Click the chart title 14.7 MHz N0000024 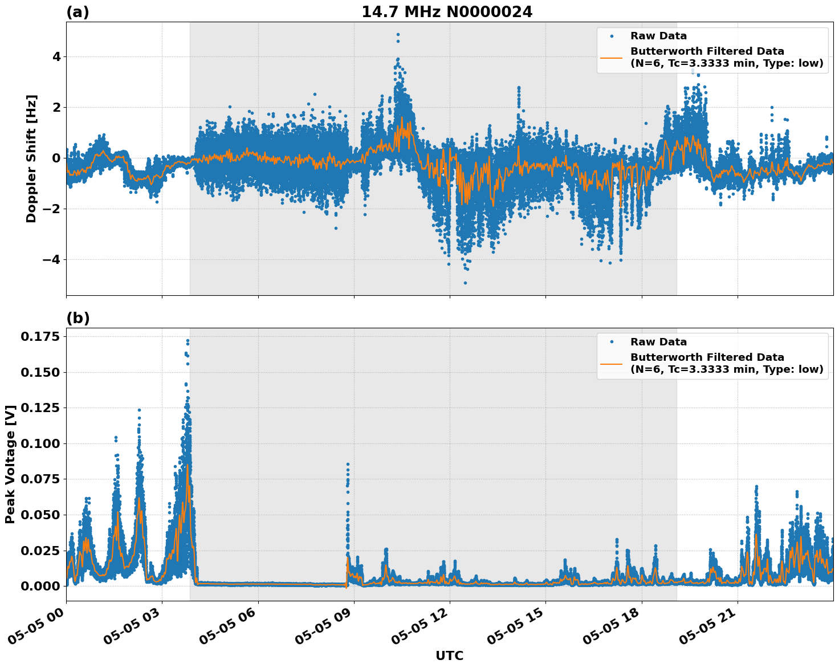point(447,12)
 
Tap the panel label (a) point(78,12)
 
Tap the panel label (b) point(78,318)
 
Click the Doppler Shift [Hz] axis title point(31,158)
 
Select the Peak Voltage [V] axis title point(10,465)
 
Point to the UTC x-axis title point(449,655)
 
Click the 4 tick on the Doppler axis point(57,56)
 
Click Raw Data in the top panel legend point(658,36)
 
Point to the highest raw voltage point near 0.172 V point(188,341)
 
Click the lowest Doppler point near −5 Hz point(465,283)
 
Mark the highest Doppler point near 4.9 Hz point(398,35)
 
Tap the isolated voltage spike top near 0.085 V point(348,465)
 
